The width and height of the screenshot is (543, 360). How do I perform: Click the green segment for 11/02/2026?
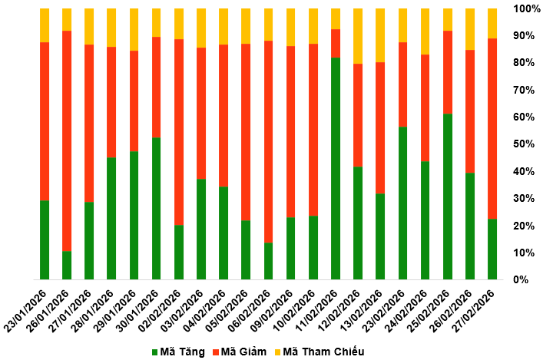pyautogui.click(x=336, y=169)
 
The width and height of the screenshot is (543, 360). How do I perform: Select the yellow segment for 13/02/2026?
pyautogui.click(x=380, y=35)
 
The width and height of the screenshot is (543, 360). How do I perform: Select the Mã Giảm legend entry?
pyautogui.click(x=245, y=352)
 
